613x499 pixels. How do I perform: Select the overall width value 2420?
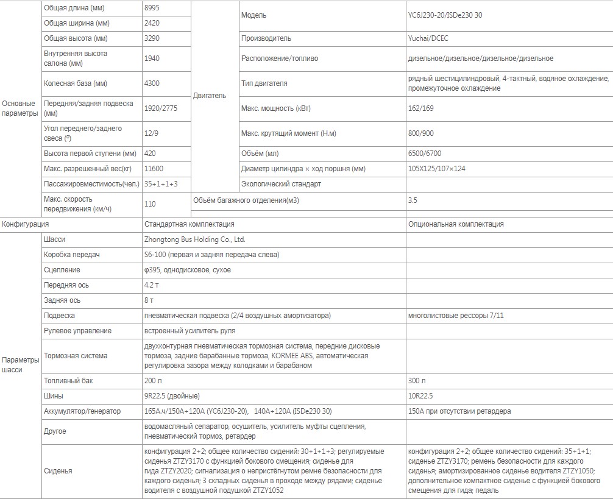point(153,24)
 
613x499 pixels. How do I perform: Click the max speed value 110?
point(150,205)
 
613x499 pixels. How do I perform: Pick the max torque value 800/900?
point(421,133)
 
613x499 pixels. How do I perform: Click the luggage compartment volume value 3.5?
point(413,199)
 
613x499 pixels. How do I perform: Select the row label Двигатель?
point(209,96)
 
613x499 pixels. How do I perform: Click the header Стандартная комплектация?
point(189,224)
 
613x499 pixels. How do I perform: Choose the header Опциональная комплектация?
point(456,224)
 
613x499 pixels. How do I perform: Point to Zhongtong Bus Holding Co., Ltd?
point(194,240)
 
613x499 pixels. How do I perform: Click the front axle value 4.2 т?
point(152,285)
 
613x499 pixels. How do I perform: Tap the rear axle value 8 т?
point(149,300)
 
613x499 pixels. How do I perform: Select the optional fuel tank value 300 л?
point(417,381)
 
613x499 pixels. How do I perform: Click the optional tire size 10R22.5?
point(420,396)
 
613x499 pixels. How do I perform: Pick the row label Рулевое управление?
point(77,331)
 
